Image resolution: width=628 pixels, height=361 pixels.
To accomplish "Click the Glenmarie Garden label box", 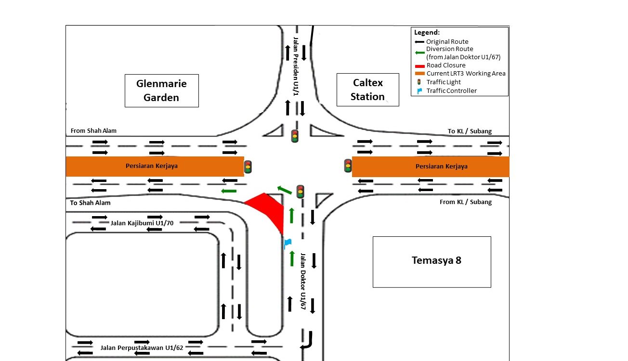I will (161, 90).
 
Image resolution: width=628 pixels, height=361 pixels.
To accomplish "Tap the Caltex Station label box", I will (367, 90).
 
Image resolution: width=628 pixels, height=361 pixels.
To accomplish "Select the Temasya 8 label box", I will (432, 261).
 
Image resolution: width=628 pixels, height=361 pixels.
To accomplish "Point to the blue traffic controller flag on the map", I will (288, 243).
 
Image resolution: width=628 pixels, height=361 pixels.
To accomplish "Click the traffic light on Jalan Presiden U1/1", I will (295, 136).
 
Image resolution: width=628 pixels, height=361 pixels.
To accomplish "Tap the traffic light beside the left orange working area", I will (248, 167).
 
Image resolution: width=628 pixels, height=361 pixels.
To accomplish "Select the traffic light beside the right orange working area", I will (348, 166).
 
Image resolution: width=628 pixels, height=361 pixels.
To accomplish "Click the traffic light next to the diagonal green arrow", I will (300, 192).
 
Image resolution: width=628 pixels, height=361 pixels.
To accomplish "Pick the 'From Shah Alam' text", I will (93, 130).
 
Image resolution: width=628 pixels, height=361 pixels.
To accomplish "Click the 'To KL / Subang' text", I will (470, 131).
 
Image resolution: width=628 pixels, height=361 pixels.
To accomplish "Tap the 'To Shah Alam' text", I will (90, 203).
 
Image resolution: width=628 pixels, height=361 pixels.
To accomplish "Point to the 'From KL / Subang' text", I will (466, 202).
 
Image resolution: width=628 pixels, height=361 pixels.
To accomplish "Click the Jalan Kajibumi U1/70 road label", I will (142, 223).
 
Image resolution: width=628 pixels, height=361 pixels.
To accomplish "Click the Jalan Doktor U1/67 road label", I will (303, 284).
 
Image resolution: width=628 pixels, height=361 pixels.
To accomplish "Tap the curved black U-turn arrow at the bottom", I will (306, 341).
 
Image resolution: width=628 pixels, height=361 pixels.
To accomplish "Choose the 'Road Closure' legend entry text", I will (446, 65).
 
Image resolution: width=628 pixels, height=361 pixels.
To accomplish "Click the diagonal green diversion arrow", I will (284, 189).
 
